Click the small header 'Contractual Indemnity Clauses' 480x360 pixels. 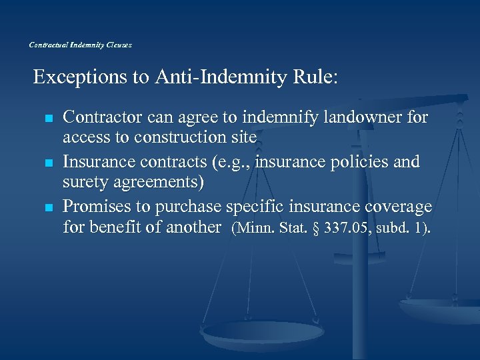click(x=81, y=45)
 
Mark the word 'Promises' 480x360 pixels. click(x=96, y=206)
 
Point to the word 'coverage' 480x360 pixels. click(x=398, y=206)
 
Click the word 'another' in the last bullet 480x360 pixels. click(x=189, y=227)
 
